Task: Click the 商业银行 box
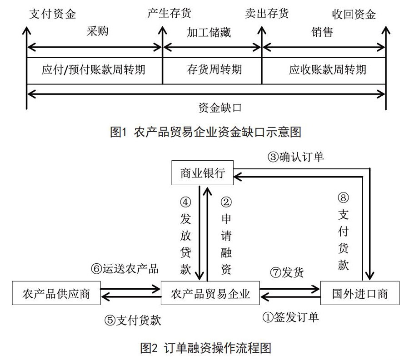tap(202, 173)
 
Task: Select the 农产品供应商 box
tap(56, 293)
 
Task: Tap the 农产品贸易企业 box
tap(210, 293)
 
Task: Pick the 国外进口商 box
tap(360, 293)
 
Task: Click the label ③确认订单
tap(296, 157)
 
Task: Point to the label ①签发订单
tap(290, 317)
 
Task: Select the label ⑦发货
tap(287, 272)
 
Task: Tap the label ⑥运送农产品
tap(125, 269)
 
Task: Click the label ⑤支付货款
tap(133, 320)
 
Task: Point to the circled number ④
tap(185, 202)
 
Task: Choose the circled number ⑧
tap(343, 198)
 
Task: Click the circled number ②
tap(226, 202)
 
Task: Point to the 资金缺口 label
tap(220, 108)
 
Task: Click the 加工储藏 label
tap(209, 33)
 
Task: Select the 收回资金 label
tap(354, 14)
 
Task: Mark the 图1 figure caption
tap(205, 132)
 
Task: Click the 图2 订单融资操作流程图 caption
tap(205, 348)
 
